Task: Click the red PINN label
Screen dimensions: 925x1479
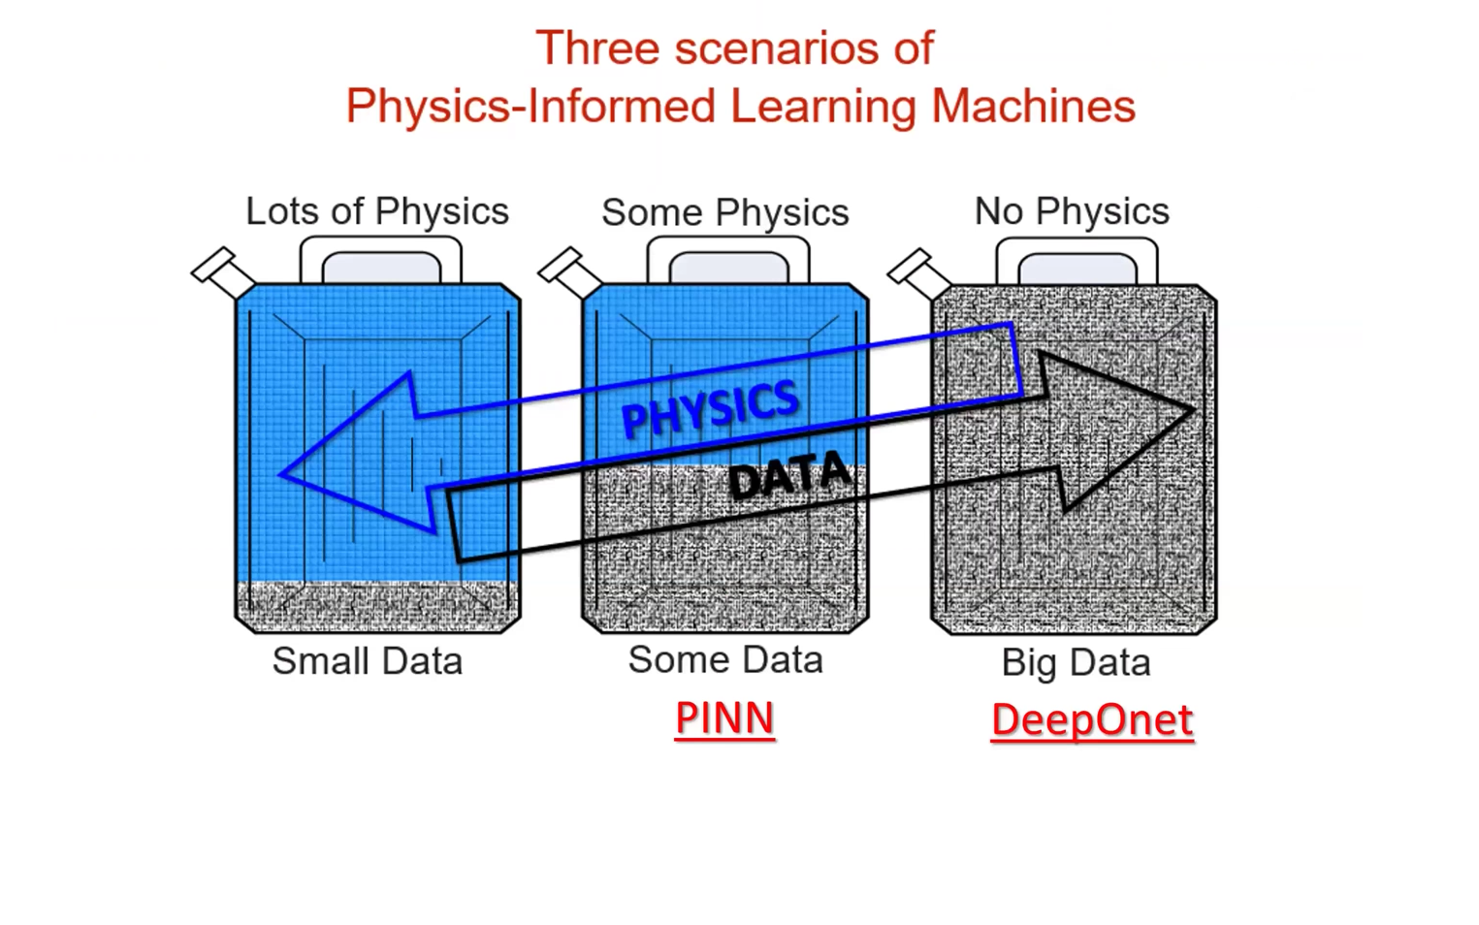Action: [x=724, y=718]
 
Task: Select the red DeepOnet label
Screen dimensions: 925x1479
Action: [x=1091, y=720]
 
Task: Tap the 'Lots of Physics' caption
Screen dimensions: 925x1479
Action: [x=376, y=211]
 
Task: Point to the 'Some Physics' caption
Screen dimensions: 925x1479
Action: [x=724, y=212]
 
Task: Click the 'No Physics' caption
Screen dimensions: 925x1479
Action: [x=1071, y=211]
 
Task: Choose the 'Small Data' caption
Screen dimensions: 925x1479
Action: [x=367, y=661]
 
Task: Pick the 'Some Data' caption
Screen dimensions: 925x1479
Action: [x=724, y=660]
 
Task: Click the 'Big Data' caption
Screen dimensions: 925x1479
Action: [x=1076, y=663]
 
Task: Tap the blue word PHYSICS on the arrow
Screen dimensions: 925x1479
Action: [x=710, y=406]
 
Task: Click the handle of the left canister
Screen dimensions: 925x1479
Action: [x=380, y=256]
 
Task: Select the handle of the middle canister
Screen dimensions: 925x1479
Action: [x=727, y=256]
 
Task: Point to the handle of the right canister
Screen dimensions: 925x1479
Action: [x=1077, y=257]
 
